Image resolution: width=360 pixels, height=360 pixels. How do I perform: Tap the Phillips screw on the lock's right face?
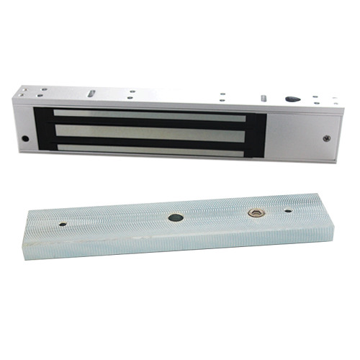pos(328,137)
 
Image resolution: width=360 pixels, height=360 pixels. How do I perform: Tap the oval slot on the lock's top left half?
pos(93,93)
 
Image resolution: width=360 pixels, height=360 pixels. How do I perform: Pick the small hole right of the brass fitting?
pos(287,212)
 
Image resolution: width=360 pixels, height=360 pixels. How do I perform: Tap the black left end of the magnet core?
pos(42,130)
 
